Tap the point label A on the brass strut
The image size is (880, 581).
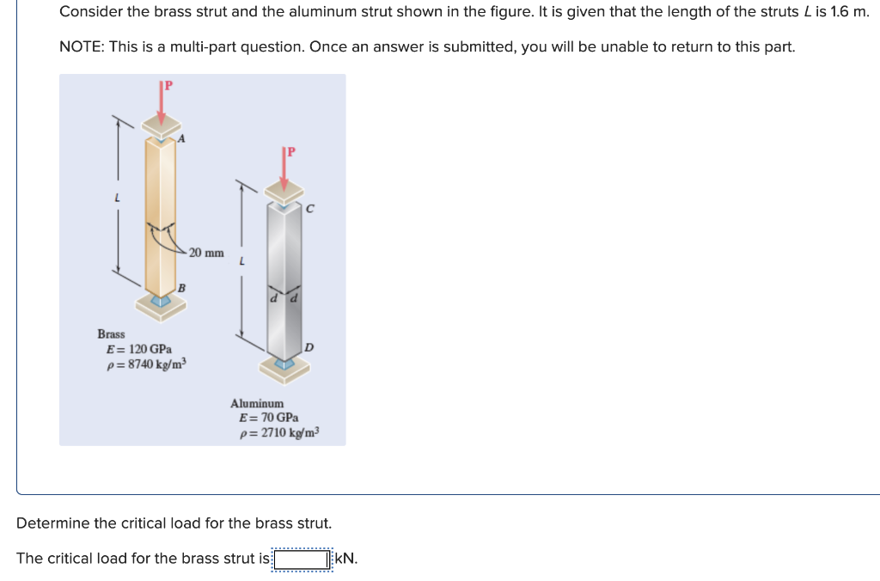pos(181,138)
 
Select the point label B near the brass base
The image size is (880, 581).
pos(181,287)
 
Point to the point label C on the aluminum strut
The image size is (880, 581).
pos(309,207)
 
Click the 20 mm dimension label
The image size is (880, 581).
pos(206,253)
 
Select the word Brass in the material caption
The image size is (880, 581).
pos(111,333)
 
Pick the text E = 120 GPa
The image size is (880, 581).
pos(138,349)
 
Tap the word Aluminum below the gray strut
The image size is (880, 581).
pos(256,403)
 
